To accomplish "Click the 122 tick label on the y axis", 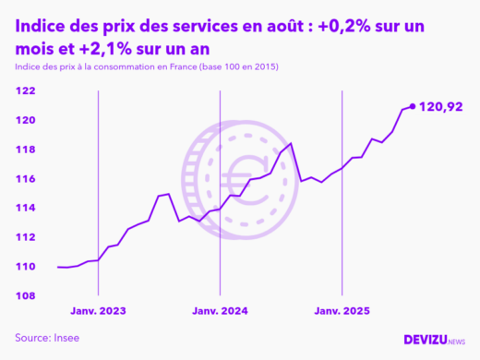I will tap(25, 90).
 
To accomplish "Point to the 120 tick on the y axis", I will tap(25, 120).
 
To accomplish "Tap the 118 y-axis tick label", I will tap(25, 150).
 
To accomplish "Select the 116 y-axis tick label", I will tap(25, 178).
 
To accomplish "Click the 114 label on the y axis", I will tap(25, 208).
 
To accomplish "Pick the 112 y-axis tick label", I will tap(25, 237).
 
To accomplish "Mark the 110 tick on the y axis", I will tap(25, 267).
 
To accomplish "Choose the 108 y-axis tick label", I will tap(25, 295).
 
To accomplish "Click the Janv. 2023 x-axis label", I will tap(98, 311).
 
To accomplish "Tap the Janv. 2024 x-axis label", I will tap(220, 311).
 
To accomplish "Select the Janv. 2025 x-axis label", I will tap(342, 311).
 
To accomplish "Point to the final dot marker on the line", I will tap(412, 106).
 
